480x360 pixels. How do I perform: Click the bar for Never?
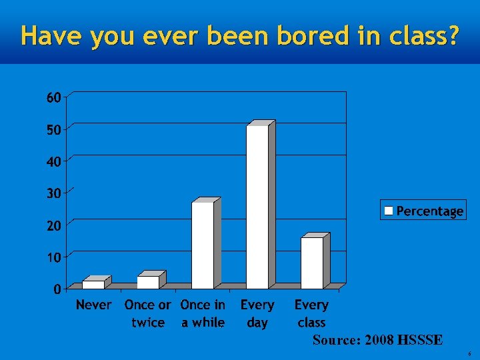tap(93, 285)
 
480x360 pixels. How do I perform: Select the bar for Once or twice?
tap(148, 282)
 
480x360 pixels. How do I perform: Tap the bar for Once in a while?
tap(203, 245)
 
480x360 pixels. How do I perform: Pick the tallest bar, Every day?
tap(257, 207)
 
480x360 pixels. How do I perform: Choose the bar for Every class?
tap(312, 263)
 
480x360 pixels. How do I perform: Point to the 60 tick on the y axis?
tap(54, 97)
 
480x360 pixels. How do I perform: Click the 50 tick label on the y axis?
tap(54, 129)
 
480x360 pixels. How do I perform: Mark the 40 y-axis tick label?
tap(54, 161)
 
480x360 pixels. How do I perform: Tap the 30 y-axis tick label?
tap(54, 193)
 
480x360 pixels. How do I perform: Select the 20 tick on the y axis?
tap(54, 225)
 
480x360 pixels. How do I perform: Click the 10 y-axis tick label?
tap(54, 257)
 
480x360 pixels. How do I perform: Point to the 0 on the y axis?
tap(58, 289)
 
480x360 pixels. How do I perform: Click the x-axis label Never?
tap(94, 305)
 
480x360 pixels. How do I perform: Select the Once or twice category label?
tap(148, 314)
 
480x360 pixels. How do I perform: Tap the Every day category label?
tap(257, 314)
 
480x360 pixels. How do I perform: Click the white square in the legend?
tap(389, 211)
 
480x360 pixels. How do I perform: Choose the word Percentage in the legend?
tap(429, 211)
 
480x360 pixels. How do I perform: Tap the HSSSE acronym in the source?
tap(419, 340)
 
